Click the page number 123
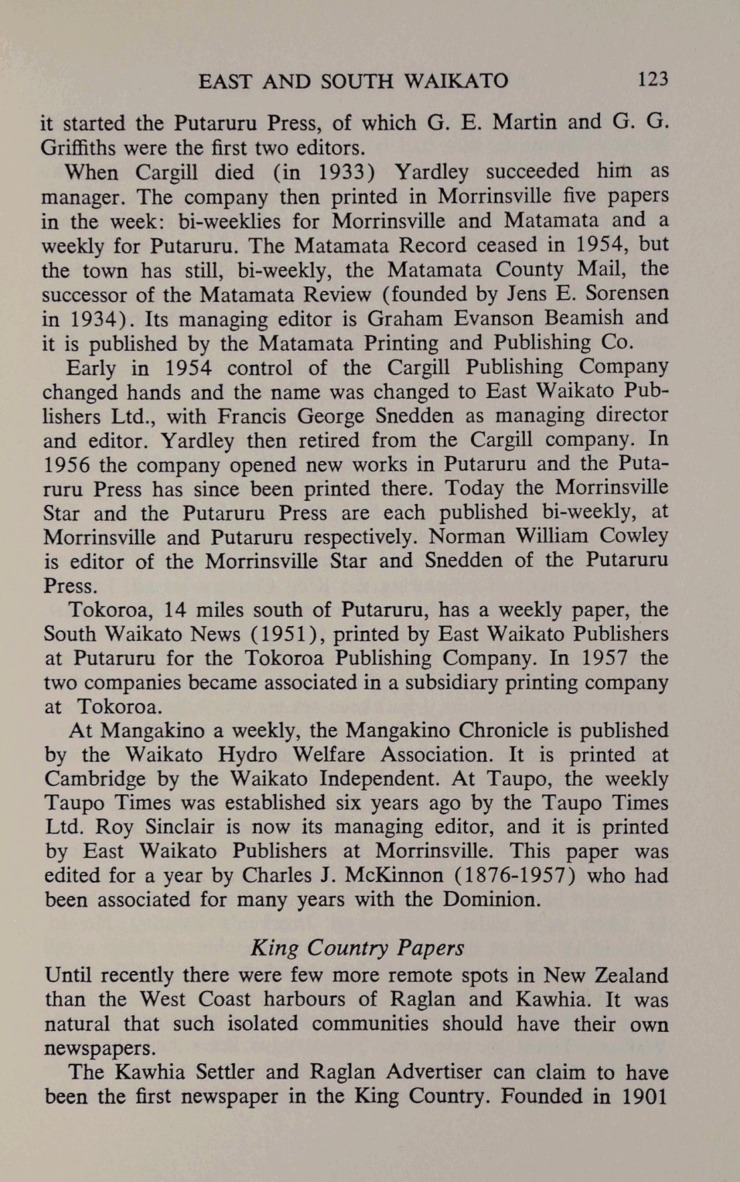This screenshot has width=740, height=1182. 652,80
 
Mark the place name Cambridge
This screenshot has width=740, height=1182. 95,779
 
